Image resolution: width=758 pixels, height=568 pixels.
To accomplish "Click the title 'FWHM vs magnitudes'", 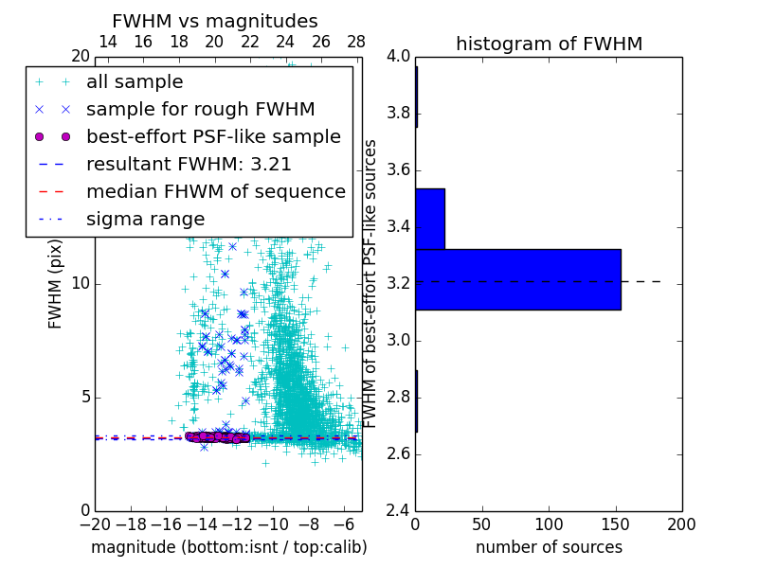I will pos(215,21).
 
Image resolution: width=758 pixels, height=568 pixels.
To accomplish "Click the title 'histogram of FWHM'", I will pos(549,44).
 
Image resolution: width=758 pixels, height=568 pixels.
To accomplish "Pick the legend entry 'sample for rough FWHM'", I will pos(200,109).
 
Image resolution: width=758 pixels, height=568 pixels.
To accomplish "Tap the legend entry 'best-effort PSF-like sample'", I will pos(213,136).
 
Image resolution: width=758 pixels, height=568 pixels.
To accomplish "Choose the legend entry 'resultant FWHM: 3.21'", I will pos(189,164).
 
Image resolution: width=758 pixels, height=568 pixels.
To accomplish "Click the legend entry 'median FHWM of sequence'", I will pos(216,191).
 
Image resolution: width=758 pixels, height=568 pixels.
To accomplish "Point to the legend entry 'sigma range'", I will pos(145,219).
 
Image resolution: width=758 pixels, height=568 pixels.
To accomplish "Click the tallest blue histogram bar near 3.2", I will pos(517,279).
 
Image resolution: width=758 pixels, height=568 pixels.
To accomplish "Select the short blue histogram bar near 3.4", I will pos(430,219).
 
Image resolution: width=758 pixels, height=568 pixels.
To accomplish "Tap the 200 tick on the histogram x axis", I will pos(681,524).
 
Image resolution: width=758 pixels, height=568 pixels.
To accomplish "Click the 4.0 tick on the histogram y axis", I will pos(399,57).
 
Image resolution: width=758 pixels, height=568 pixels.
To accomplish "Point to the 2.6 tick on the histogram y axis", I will pos(399,454).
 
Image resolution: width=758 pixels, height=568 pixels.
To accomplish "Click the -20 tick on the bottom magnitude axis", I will pos(95,524).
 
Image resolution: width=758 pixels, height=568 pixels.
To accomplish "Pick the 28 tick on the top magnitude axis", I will pos(356,42).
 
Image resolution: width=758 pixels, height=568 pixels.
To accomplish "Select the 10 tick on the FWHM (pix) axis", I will pos(81,284).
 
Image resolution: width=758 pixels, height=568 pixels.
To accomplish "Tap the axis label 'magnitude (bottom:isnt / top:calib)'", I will pos(228,547).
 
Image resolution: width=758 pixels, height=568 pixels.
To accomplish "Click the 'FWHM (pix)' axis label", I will pos(55,283).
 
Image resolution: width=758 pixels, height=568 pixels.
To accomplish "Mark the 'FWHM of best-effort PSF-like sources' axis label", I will pos(371,283).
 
